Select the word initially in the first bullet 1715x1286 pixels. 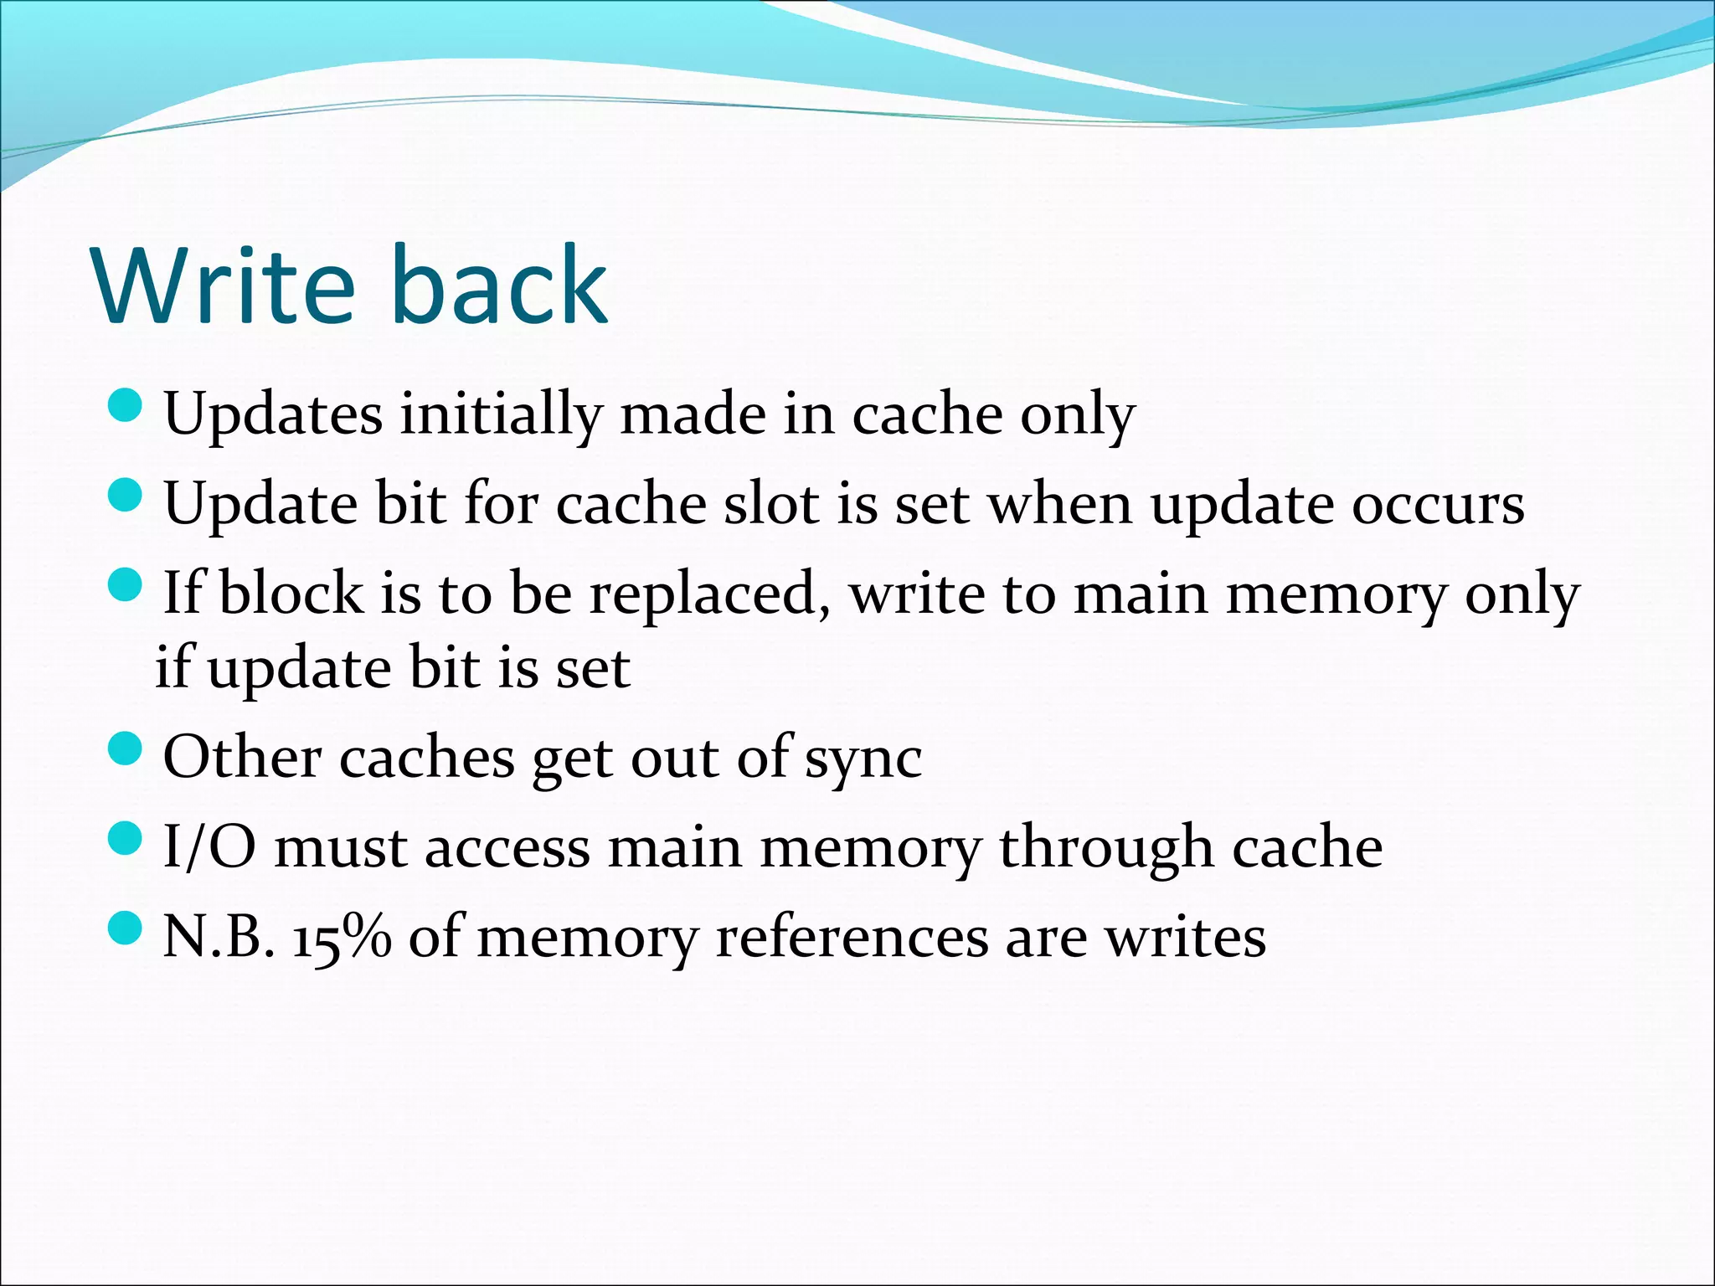[x=500, y=414]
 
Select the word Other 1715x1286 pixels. [x=242, y=757]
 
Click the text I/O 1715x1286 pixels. [x=209, y=846]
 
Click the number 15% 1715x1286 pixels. [x=342, y=937]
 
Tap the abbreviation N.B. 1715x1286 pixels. [x=219, y=937]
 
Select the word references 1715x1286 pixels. [x=852, y=937]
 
